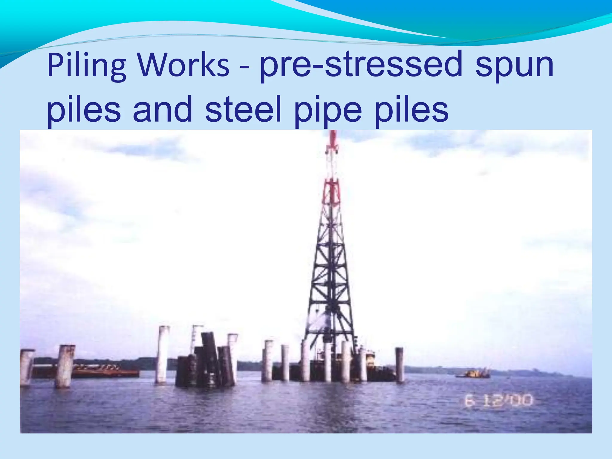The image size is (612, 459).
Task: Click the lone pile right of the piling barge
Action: point(399,365)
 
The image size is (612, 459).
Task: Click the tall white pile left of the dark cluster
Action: point(162,354)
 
